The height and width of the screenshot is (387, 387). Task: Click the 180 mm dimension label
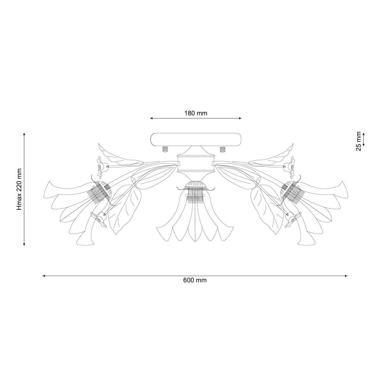196,114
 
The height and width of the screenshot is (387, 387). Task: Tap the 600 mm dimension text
195,280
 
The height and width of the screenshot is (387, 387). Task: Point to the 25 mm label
359,141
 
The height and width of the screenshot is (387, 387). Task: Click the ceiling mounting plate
196,140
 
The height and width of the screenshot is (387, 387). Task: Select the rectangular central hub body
196,164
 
